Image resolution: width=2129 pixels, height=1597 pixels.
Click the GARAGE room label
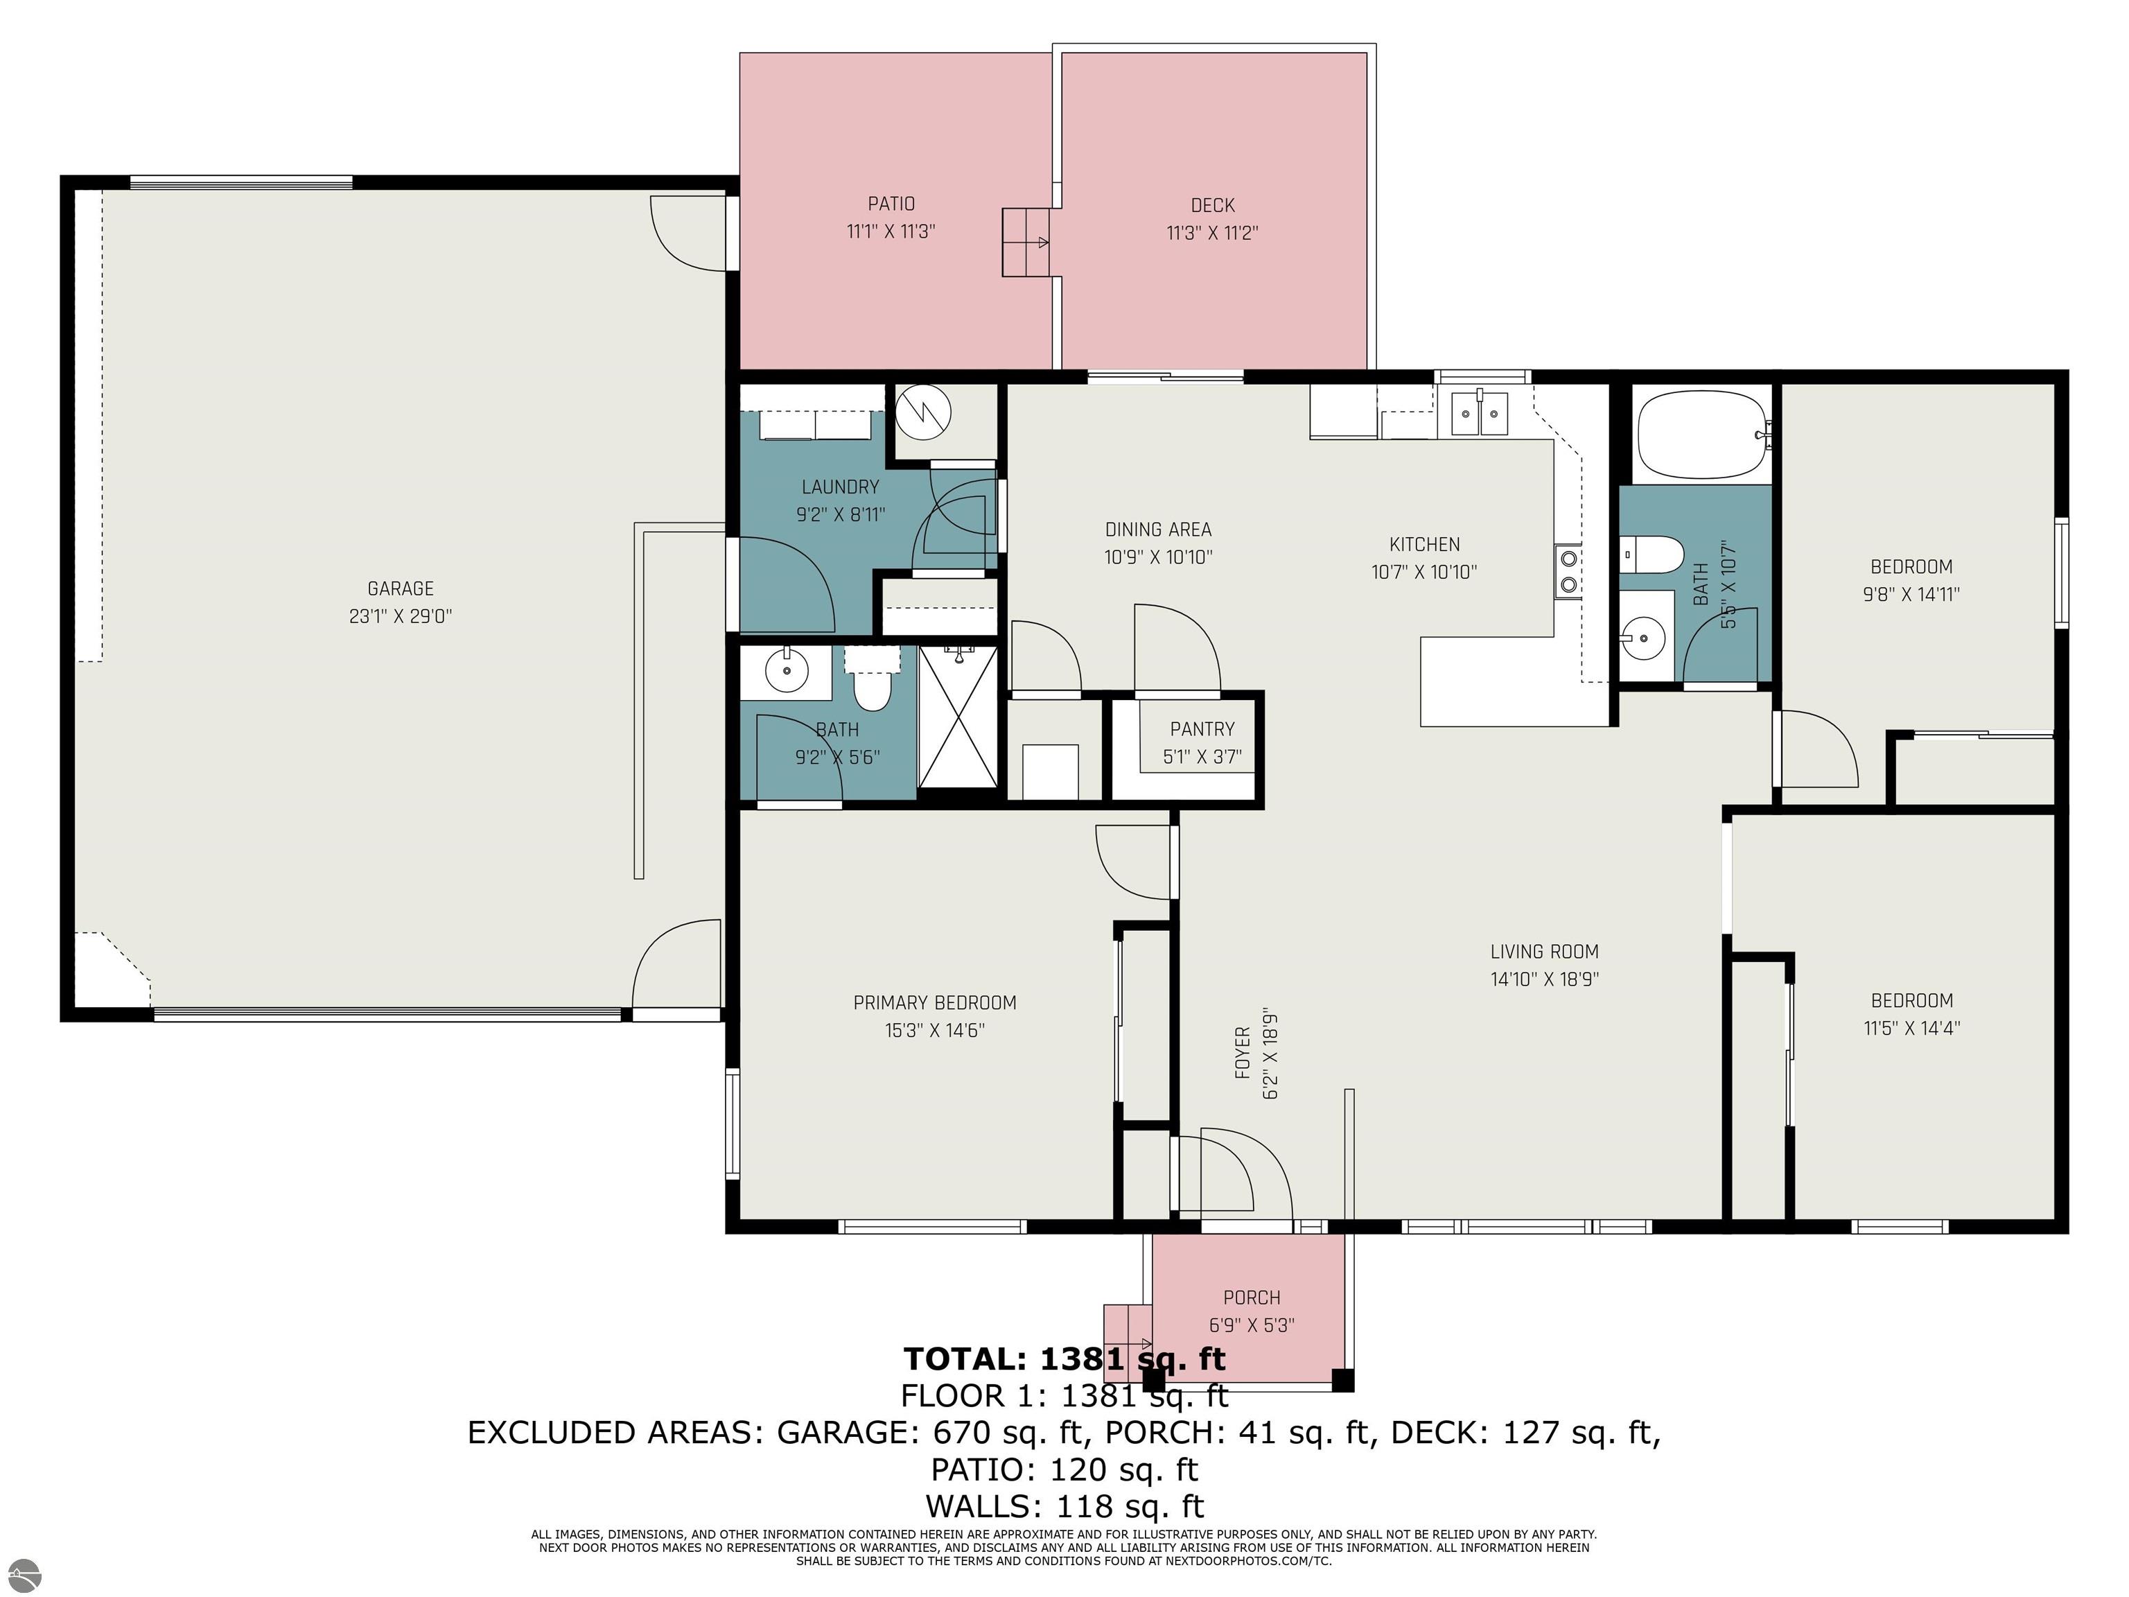(401, 588)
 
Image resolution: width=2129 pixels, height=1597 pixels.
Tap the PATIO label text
(891, 204)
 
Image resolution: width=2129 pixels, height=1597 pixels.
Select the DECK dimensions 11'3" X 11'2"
(1213, 233)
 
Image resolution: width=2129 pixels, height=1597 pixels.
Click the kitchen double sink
(1478, 414)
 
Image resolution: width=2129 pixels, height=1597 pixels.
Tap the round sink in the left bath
(787, 671)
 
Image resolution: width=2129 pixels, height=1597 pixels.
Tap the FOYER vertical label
(1243, 1052)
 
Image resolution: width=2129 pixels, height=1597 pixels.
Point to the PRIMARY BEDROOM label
(935, 1003)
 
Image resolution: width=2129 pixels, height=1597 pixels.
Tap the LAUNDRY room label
(840, 487)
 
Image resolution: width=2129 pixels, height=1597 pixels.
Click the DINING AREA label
(1158, 530)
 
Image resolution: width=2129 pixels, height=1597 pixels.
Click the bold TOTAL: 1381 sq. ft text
(1064, 1359)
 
